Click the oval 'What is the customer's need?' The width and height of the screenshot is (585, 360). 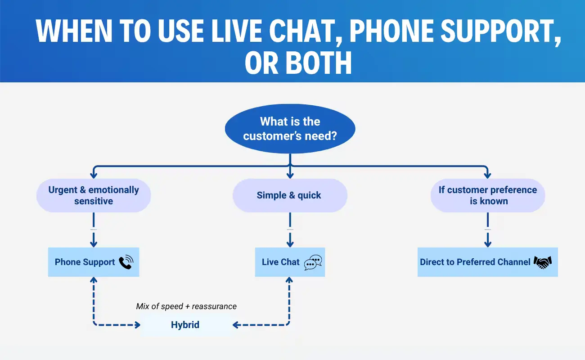coord(290,129)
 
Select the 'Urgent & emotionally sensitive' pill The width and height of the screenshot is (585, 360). coord(94,195)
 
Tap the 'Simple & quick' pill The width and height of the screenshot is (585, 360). coord(290,195)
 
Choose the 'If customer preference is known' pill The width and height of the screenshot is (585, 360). coord(488,195)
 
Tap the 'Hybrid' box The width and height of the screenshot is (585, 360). coord(185,325)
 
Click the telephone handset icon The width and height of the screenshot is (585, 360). coord(126,262)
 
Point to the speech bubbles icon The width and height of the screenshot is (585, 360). coord(313,262)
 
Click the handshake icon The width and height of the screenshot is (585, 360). coord(543,262)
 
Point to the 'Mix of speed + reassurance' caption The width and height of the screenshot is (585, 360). coord(186,306)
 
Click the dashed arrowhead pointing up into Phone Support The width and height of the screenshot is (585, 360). coord(94,281)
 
